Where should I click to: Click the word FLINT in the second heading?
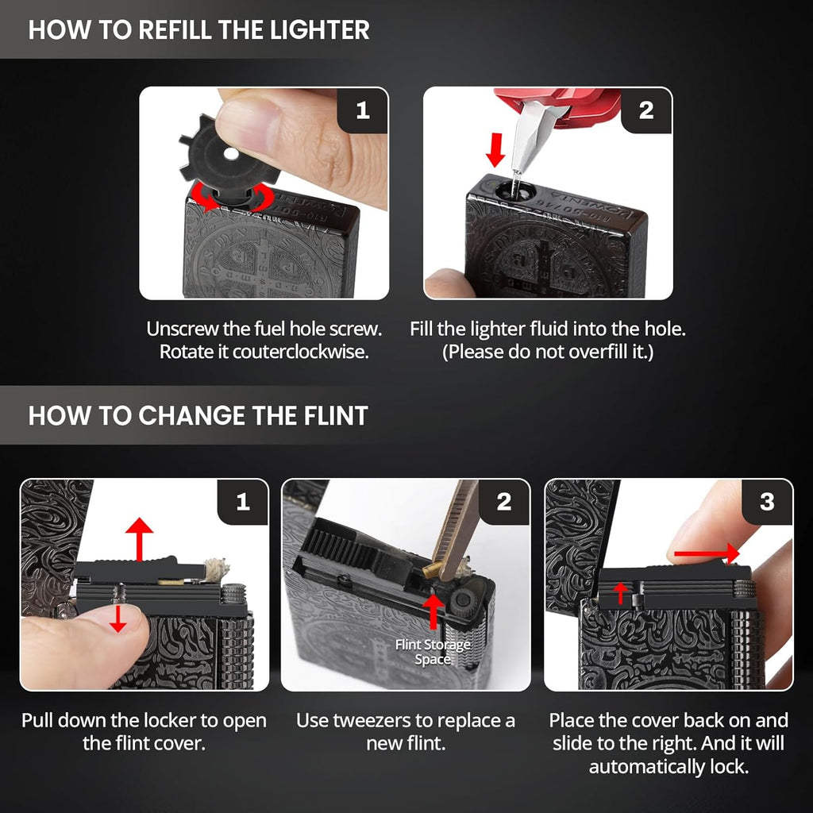[x=336, y=416]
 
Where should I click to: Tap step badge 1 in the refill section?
[x=362, y=110]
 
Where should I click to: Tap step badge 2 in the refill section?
[x=646, y=110]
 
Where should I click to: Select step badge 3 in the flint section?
[x=767, y=502]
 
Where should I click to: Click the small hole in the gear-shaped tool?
[x=230, y=153]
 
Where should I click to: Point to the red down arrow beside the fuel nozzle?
[x=495, y=150]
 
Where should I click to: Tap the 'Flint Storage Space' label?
[x=433, y=652]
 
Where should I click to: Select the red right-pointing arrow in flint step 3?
[x=707, y=553]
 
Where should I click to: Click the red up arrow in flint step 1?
[x=139, y=539]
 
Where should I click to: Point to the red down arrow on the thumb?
[x=118, y=618]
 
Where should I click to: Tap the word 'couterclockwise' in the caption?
[x=300, y=352]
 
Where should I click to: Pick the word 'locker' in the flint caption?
[x=169, y=721]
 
